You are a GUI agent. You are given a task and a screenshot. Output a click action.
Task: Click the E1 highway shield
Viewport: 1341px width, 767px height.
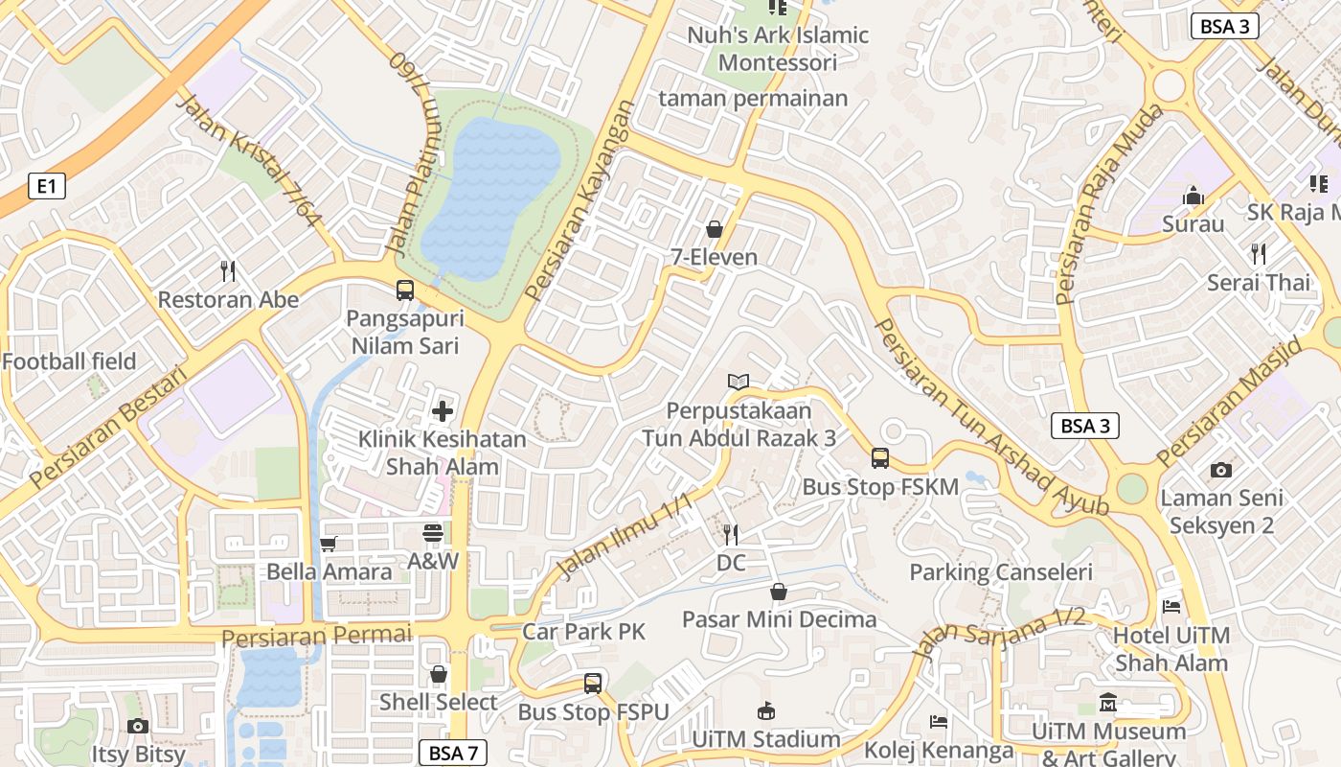[x=47, y=186]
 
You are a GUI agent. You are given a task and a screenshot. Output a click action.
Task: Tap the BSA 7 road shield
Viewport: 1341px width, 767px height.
[x=453, y=753]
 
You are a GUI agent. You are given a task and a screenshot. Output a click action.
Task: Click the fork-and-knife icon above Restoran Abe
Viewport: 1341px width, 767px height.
[x=228, y=271]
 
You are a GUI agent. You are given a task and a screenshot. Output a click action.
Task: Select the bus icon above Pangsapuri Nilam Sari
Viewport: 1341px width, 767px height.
[x=405, y=290]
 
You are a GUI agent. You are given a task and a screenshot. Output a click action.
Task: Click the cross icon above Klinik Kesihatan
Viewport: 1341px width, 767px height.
[x=443, y=411]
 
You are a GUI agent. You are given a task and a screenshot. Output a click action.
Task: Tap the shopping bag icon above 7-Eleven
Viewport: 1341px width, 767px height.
[x=714, y=229]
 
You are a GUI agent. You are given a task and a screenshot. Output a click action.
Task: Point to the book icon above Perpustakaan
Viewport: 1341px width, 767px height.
[x=738, y=383]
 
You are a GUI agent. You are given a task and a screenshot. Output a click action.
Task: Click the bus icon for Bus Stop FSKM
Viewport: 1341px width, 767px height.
[x=880, y=458]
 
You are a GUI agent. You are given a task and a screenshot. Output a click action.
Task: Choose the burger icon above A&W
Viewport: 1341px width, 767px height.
[x=433, y=533]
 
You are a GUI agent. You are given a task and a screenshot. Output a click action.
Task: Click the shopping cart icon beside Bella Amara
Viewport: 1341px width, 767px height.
[x=329, y=545]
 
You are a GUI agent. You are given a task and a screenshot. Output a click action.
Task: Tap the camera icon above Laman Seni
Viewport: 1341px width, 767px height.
[x=1220, y=470]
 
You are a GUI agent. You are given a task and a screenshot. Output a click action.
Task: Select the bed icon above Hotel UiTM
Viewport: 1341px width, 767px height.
[x=1171, y=606]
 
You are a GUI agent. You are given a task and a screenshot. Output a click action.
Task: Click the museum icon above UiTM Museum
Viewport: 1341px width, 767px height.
[x=1108, y=703]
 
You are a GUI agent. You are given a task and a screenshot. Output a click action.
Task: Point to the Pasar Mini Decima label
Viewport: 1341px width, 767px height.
[x=779, y=619]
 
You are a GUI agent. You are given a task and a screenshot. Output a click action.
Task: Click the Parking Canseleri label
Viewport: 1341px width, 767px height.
[x=1000, y=572]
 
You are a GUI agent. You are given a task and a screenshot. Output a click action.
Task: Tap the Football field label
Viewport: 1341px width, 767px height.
[x=69, y=361]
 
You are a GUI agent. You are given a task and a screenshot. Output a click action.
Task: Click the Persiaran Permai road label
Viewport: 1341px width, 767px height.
[x=316, y=636]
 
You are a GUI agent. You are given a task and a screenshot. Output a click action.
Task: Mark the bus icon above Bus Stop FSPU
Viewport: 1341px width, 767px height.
[x=593, y=684]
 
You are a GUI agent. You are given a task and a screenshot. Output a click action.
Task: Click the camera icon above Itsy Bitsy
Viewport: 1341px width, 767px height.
[x=138, y=726]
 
